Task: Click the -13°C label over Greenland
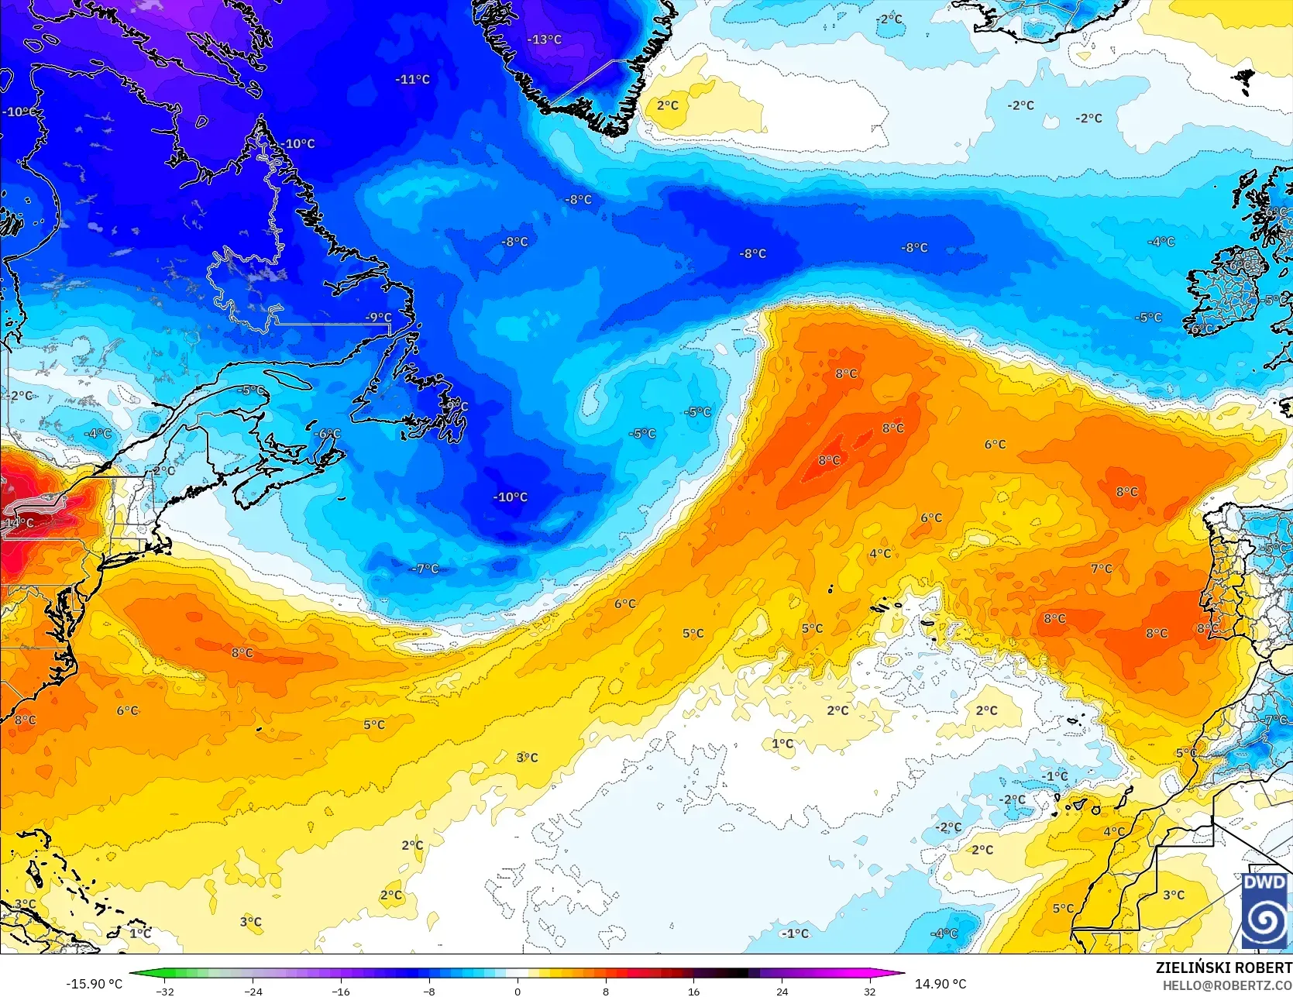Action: point(545,40)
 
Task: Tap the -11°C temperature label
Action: point(412,79)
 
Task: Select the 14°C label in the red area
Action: point(19,523)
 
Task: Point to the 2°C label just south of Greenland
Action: point(667,105)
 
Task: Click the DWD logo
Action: point(1264,910)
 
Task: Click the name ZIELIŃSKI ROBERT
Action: point(1223,968)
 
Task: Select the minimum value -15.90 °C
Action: point(94,984)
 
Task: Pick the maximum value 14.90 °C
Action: point(941,984)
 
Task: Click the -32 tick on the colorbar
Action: point(165,991)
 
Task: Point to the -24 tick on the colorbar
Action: point(253,991)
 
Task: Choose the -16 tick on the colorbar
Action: point(341,991)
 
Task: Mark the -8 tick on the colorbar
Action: point(429,991)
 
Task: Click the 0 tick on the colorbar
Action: point(518,991)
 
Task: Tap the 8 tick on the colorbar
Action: point(606,991)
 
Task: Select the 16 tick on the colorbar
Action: point(693,991)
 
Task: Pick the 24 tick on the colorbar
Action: point(782,991)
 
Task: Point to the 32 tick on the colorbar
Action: point(870,991)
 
